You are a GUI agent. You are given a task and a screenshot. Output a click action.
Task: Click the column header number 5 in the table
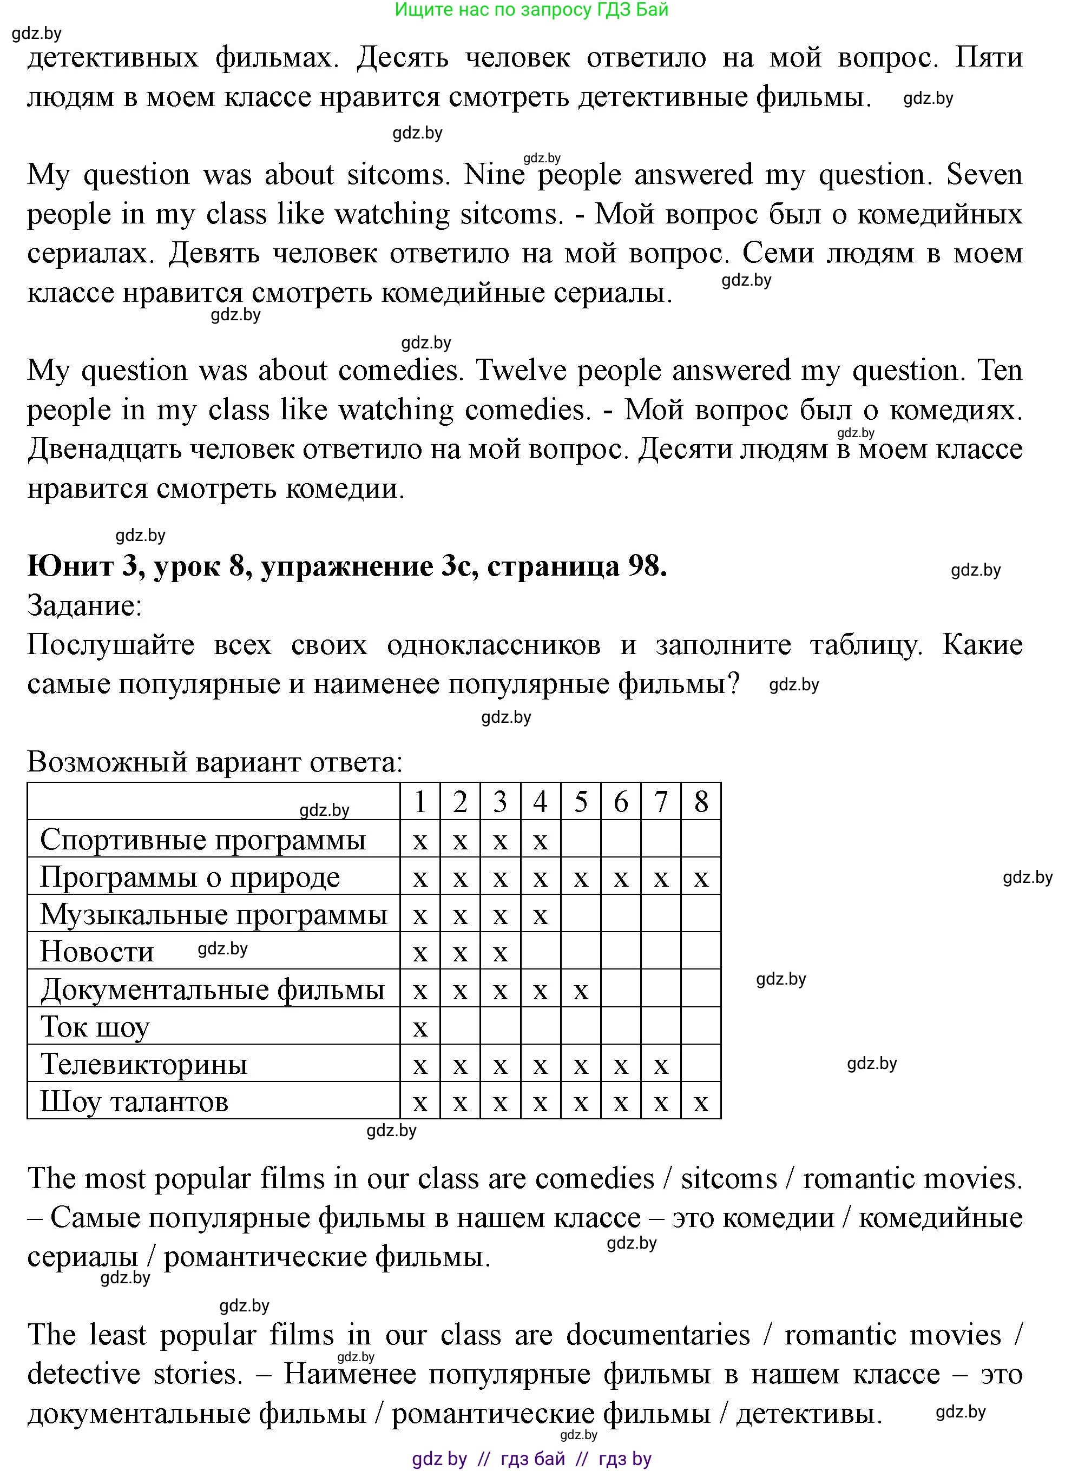pyautogui.click(x=581, y=802)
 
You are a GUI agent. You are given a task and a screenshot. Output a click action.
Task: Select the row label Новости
pyautogui.click(x=97, y=952)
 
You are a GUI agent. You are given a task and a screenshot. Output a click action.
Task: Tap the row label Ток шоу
pyautogui.click(x=95, y=1027)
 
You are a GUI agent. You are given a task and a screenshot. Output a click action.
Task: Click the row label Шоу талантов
pyautogui.click(x=134, y=1102)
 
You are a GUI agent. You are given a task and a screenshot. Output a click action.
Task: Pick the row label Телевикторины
pyautogui.click(x=144, y=1064)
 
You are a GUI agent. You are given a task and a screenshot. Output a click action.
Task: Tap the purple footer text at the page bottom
pyautogui.click(x=531, y=1459)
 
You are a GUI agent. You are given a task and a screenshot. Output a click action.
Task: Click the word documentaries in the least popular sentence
pyautogui.click(x=658, y=1335)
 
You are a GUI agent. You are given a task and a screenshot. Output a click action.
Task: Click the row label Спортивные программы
pyautogui.click(x=203, y=840)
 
